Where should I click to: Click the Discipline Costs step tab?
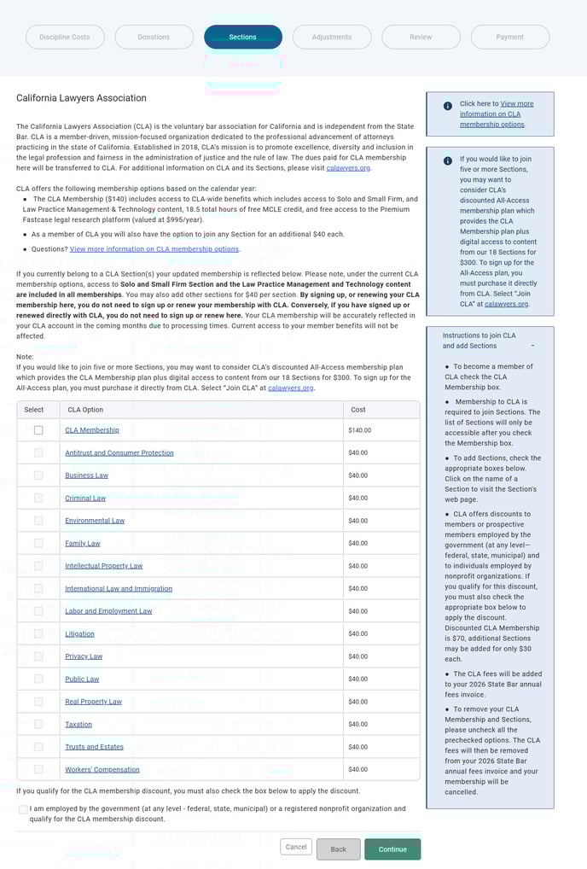pyautogui.click(x=65, y=37)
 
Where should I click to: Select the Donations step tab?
pyautogui.click(x=154, y=37)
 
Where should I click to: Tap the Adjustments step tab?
pyautogui.click(x=332, y=37)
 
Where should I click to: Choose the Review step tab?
pyautogui.click(x=421, y=37)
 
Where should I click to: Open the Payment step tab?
pyautogui.click(x=510, y=37)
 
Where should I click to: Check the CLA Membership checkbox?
pyautogui.click(x=38, y=430)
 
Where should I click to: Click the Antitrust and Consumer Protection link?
pyautogui.click(x=119, y=452)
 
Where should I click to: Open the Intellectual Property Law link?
pyautogui.click(x=103, y=566)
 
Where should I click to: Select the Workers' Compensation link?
pyautogui.click(x=102, y=769)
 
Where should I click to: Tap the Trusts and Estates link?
pyautogui.click(x=94, y=747)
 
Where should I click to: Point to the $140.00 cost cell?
pyautogui.click(x=359, y=430)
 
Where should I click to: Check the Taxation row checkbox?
pyautogui.click(x=38, y=724)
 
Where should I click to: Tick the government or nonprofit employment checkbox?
pyautogui.click(x=23, y=809)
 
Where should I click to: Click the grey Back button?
pyautogui.click(x=338, y=849)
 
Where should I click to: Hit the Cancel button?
pyautogui.click(x=296, y=847)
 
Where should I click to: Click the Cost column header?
pyautogui.click(x=358, y=410)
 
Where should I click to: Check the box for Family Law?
pyautogui.click(x=38, y=543)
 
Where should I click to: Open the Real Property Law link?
pyautogui.click(x=93, y=702)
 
